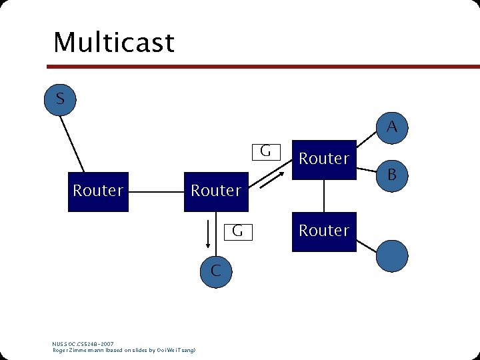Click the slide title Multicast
[x=113, y=43]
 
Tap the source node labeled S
[x=60, y=99]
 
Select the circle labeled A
[x=393, y=126]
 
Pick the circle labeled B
[x=393, y=175]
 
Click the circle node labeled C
[x=215, y=271]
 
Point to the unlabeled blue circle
[x=393, y=256]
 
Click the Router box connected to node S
[x=98, y=191]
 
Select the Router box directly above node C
[x=216, y=191]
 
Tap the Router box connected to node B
[x=324, y=159]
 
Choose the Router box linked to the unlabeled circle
[x=324, y=231]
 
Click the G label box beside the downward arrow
[x=237, y=231]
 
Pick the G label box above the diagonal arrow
[x=265, y=151]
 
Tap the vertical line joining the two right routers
[x=324, y=195]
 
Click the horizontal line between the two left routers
[x=156, y=192]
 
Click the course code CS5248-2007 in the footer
[x=97, y=344]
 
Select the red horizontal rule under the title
[x=260, y=67]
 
